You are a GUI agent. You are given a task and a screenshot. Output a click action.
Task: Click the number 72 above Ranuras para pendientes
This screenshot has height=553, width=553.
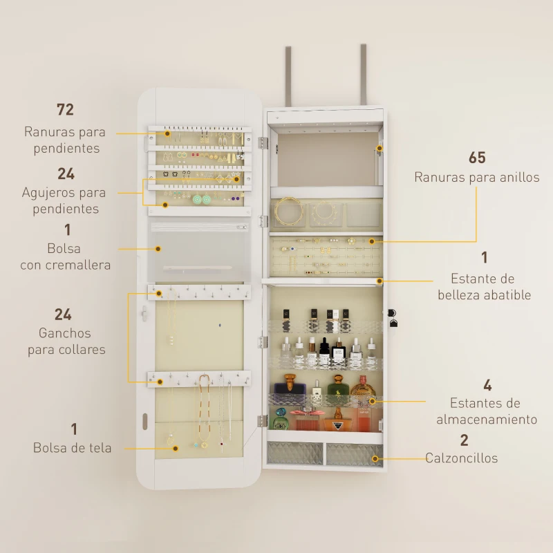(65, 109)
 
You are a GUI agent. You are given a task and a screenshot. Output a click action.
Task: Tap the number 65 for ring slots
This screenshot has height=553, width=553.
(477, 158)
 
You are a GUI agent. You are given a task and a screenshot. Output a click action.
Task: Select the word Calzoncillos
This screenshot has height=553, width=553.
(461, 458)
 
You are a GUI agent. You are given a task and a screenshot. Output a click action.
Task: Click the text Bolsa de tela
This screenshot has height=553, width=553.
(72, 448)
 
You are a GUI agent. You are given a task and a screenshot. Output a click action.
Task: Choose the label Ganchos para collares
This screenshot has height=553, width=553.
(66, 341)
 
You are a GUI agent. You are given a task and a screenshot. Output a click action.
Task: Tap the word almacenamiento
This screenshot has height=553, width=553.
(487, 420)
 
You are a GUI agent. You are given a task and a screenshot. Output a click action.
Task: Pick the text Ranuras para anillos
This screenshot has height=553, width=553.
(477, 178)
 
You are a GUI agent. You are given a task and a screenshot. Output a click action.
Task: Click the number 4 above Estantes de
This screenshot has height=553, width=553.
(487, 385)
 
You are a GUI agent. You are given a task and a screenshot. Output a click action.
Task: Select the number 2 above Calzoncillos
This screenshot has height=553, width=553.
(464, 440)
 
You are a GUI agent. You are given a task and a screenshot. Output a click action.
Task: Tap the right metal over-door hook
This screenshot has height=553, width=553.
(362, 73)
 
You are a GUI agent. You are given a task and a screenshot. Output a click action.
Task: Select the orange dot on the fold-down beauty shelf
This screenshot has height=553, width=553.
(379, 281)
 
